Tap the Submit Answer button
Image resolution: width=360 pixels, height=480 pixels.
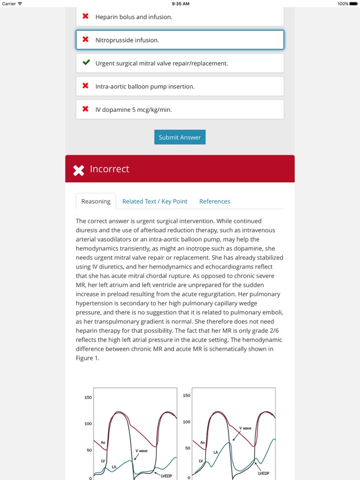pyautogui.click(x=180, y=138)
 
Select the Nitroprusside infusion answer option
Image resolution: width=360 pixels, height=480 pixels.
pyautogui.click(x=180, y=40)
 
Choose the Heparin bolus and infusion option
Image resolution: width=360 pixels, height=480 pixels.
pyautogui.click(x=180, y=17)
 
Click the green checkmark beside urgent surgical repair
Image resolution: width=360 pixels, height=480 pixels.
pyautogui.click(x=86, y=63)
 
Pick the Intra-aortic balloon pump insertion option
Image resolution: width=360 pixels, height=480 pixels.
pyautogui.click(x=180, y=86)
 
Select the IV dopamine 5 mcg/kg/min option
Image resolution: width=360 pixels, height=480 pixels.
pyautogui.click(x=180, y=110)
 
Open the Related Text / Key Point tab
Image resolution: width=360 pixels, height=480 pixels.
pyautogui.click(x=155, y=201)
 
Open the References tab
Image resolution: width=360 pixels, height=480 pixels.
pyautogui.click(x=214, y=201)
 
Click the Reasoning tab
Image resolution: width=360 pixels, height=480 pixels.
pyautogui.click(x=96, y=201)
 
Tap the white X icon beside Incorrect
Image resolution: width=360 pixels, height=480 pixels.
pyautogui.click(x=79, y=170)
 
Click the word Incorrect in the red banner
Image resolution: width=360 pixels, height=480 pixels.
pyautogui.click(x=110, y=169)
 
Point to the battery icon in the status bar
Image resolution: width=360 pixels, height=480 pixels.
pyautogui.click(x=354, y=3)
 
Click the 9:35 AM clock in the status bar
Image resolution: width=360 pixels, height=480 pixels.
pyautogui.click(x=180, y=3)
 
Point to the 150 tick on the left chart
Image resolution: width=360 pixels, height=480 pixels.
pyautogui.click(x=88, y=398)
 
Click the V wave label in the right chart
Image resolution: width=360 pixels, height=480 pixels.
pyautogui.click(x=245, y=428)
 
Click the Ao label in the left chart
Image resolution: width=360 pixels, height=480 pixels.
pyautogui.click(x=103, y=443)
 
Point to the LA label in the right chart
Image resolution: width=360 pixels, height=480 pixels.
pyautogui.click(x=216, y=452)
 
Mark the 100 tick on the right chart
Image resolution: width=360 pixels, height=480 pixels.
pyautogui.click(x=186, y=422)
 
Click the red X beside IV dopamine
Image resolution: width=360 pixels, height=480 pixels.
pyautogui.click(x=86, y=109)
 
